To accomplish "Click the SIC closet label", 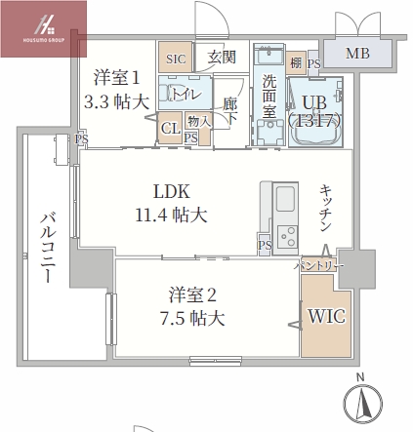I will pyautogui.click(x=176, y=59).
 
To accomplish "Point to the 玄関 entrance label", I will pyautogui.click(x=222, y=59).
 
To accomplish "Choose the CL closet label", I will pyautogui.click(x=170, y=128).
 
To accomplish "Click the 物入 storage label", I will pyautogui.click(x=192, y=121).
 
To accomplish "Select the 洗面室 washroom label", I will pyautogui.click(x=268, y=98).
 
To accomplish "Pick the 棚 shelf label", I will pyautogui.click(x=296, y=63).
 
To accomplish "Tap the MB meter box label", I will pyautogui.click(x=357, y=53).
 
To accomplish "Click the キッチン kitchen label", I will pyautogui.click(x=327, y=208).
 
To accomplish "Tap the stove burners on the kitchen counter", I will pyautogui.click(x=288, y=235).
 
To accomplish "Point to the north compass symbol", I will pyautogui.click(x=362, y=403).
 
